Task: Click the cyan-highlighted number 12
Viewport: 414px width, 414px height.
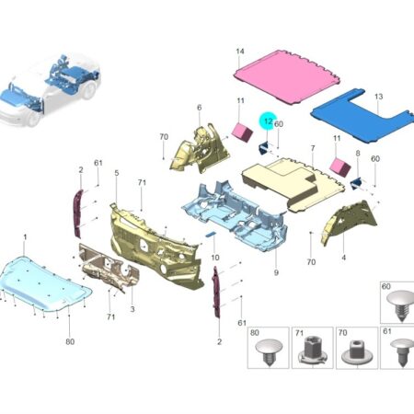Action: pyautogui.click(x=268, y=121)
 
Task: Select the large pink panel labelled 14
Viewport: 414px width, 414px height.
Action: pyautogui.click(x=287, y=77)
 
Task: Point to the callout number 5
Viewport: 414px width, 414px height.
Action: pyautogui.click(x=117, y=173)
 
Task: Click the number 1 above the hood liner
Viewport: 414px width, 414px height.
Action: pyautogui.click(x=25, y=237)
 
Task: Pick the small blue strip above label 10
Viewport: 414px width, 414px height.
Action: pyautogui.click(x=211, y=235)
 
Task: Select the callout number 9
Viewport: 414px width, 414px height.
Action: pyautogui.click(x=276, y=272)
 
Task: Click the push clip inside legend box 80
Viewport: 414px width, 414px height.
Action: pyautogui.click(x=269, y=351)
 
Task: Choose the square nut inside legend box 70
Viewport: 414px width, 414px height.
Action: pyautogui.click(x=355, y=352)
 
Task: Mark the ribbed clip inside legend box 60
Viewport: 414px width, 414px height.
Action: pyautogui.click(x=400, y=305)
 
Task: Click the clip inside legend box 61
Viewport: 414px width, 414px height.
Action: pyautogui.click(x=403, y=351)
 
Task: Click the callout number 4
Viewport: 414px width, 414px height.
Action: pyautogui.click(x=343, y=258)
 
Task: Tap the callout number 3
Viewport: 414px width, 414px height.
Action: pyautogui.click(x=132, y=309)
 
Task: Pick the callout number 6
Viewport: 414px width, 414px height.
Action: pyautogui.click(x=200, y=108)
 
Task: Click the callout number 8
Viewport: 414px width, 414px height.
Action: pyautogui.click(x=358, y=153)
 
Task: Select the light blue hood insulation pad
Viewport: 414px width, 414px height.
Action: pyautogui.click(x=45, y=282)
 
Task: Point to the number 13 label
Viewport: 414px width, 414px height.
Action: pyautogui.click(x=379, y=97)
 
